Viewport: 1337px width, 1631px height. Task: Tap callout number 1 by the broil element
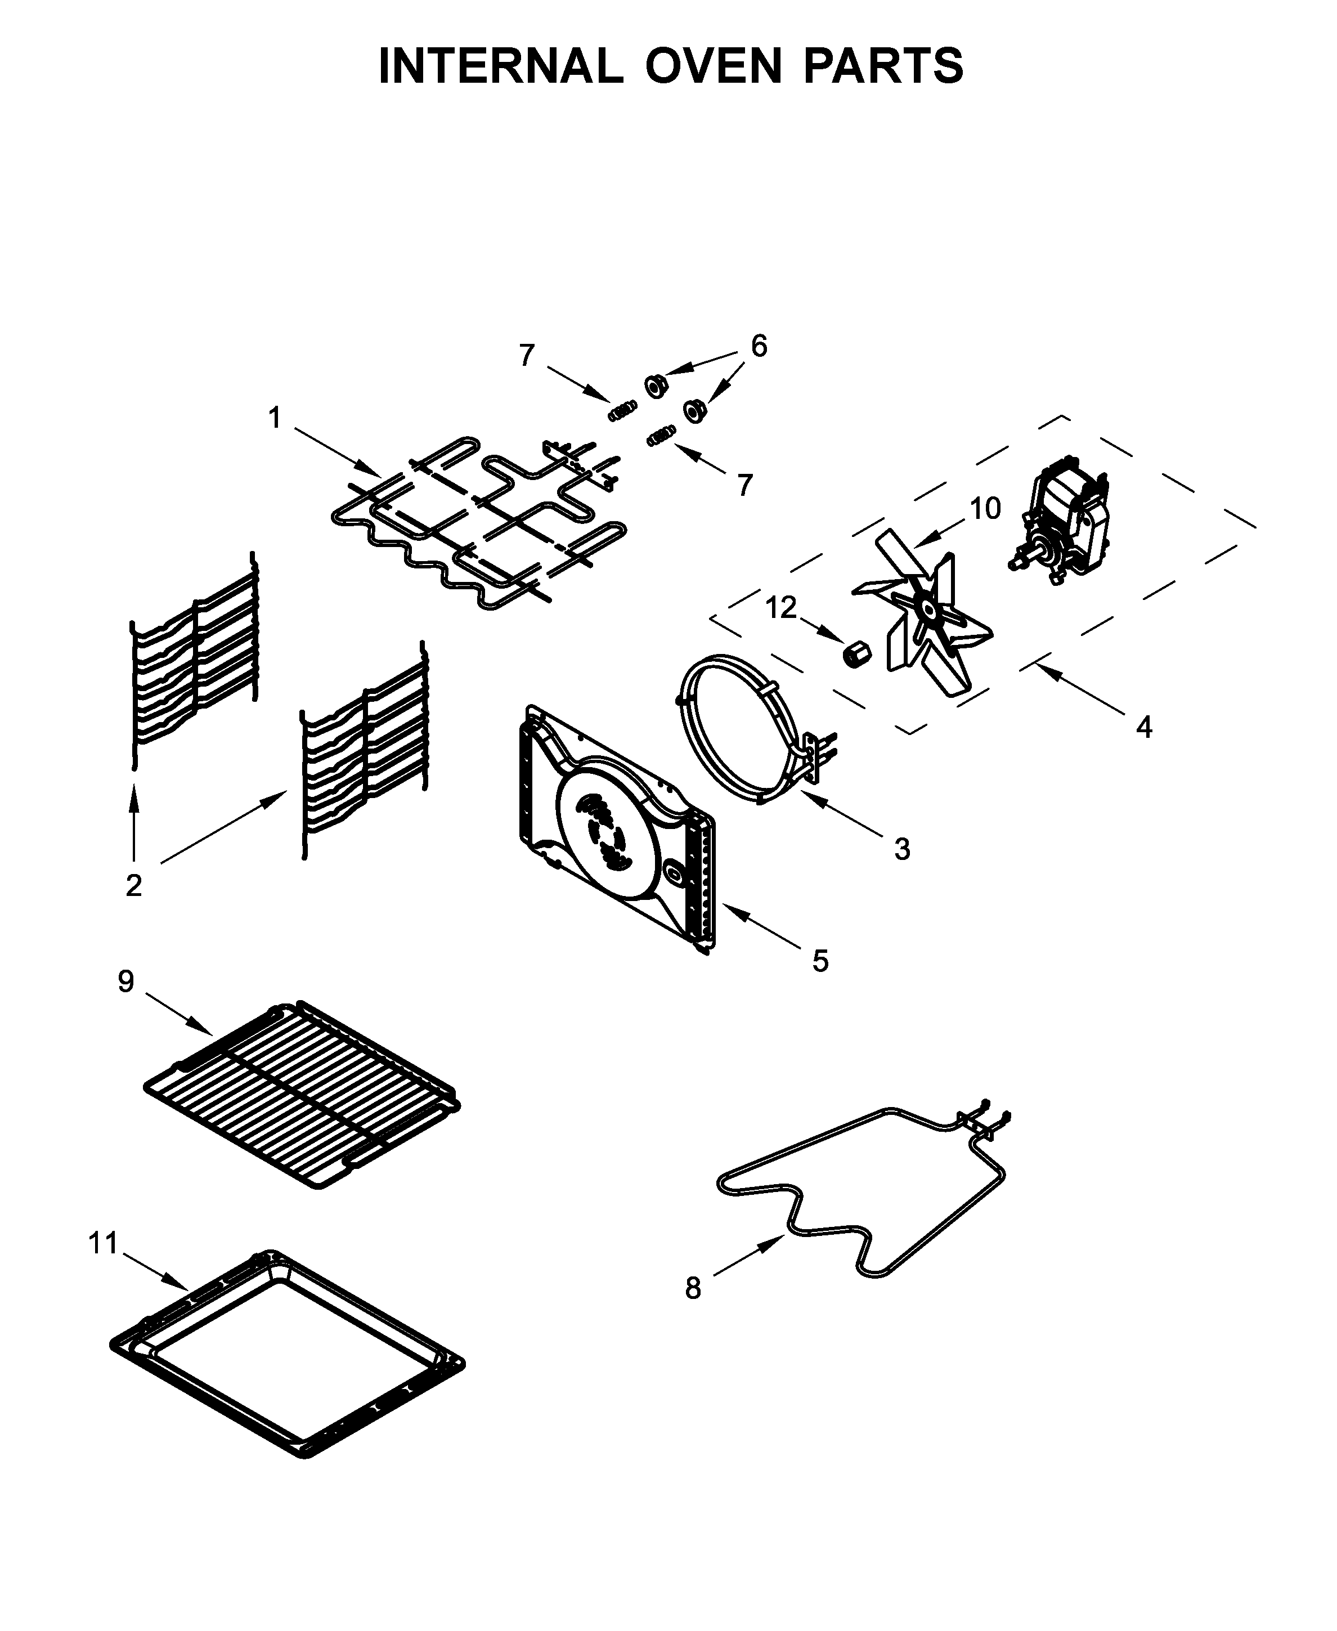[x=274, y=418]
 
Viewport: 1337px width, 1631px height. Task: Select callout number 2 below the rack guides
[x=134, y=886]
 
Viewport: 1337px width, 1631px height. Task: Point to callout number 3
[x=902, y=849]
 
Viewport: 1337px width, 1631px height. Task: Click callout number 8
[x=693, y=1288]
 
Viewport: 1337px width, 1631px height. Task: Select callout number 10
[x=985, y=508]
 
